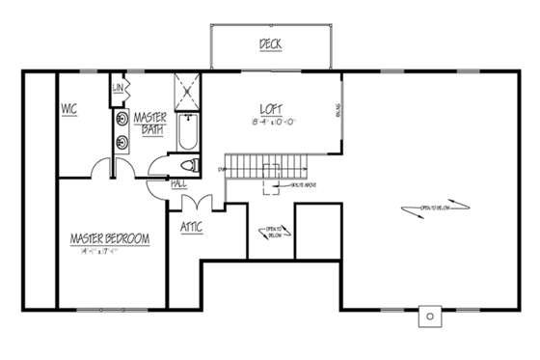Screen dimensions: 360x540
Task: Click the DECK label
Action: coord(271,43)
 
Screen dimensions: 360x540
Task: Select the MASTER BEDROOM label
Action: coord(108,236)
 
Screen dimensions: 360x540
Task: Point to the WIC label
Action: coord(69,109)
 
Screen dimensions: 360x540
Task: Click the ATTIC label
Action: coord(191,228)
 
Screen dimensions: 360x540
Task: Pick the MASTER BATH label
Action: coord(151,123)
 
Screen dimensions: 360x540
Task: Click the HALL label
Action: coord(178,182)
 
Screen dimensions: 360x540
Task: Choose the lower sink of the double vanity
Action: coord(121,144)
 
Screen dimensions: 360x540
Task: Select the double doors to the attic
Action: coord(198,205)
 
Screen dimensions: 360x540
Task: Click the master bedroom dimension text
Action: coord(108,250)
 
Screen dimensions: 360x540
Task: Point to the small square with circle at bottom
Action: coord(428,317)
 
